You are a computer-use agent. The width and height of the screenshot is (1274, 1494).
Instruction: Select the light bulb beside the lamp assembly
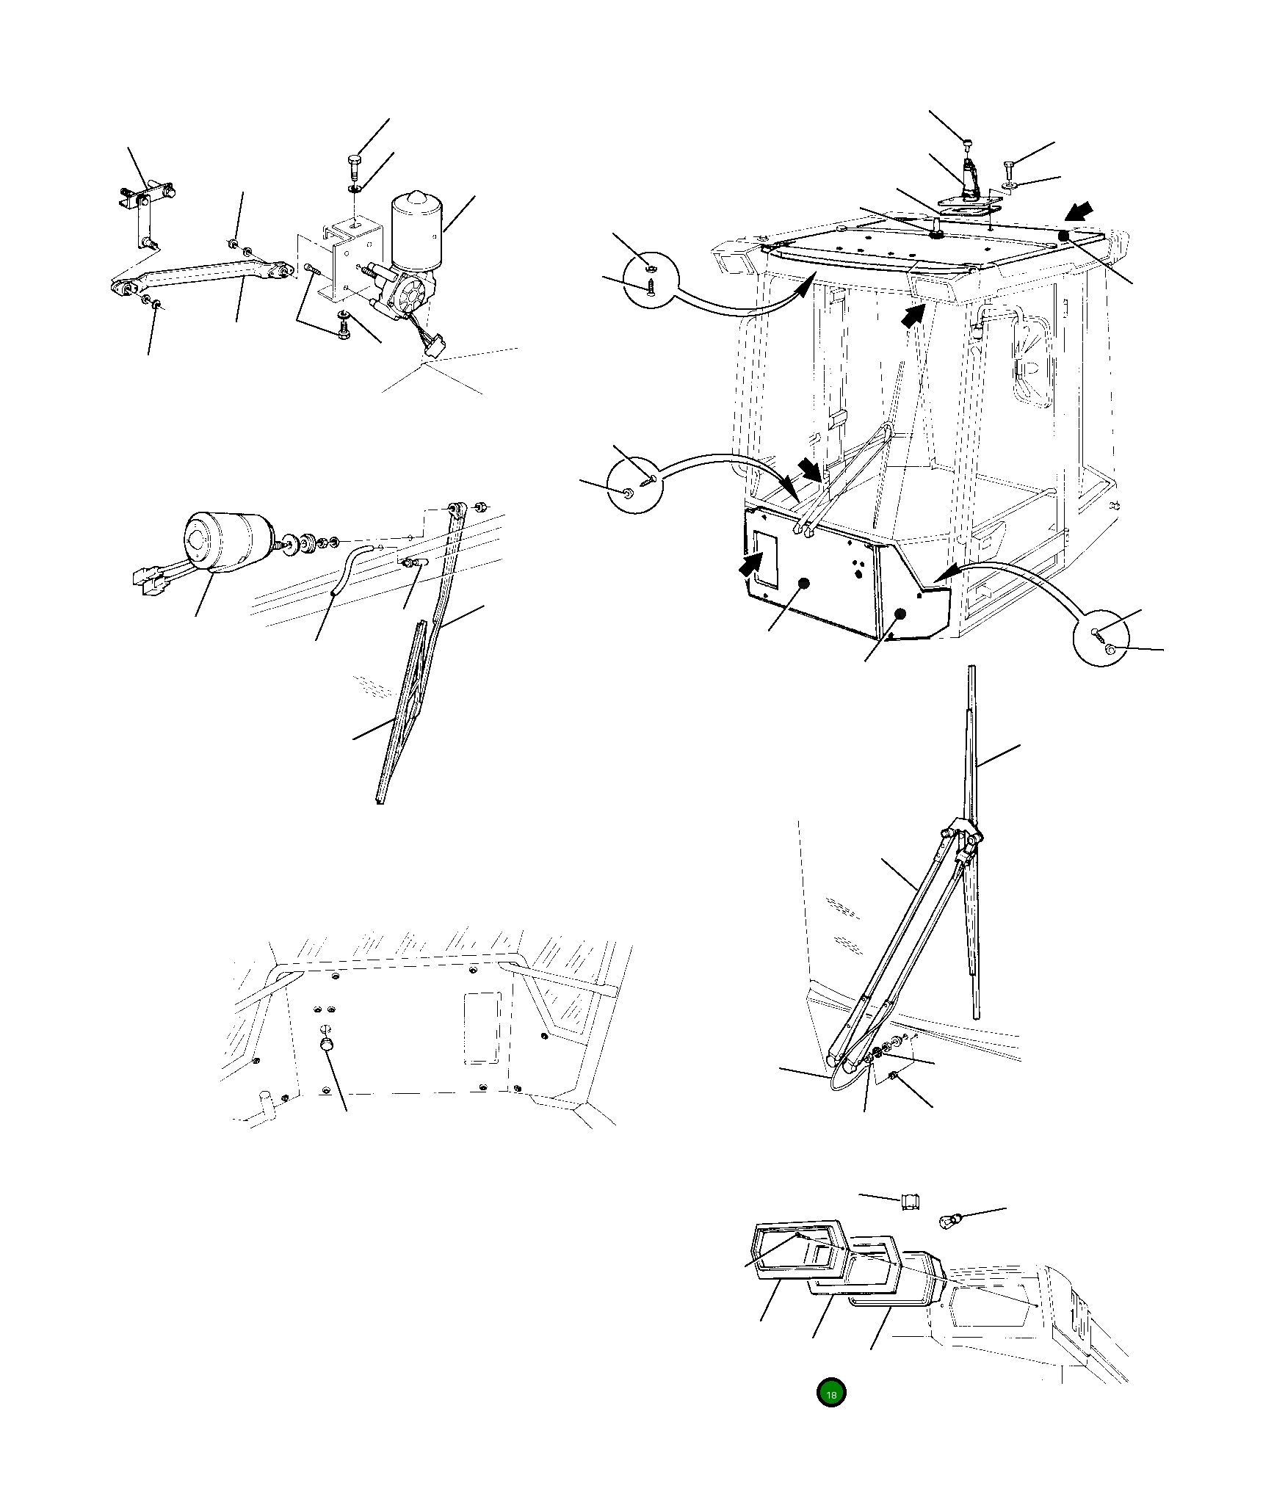coord(951,1222)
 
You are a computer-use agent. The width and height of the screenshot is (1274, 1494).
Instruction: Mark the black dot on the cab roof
coord(1063,236)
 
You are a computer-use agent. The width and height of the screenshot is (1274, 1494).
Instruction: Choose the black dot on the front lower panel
coord(803,584)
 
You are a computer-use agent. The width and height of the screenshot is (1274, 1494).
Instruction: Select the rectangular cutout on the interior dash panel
coord(482,1028)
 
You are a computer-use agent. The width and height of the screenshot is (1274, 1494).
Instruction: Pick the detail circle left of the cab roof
coord(652,278)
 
